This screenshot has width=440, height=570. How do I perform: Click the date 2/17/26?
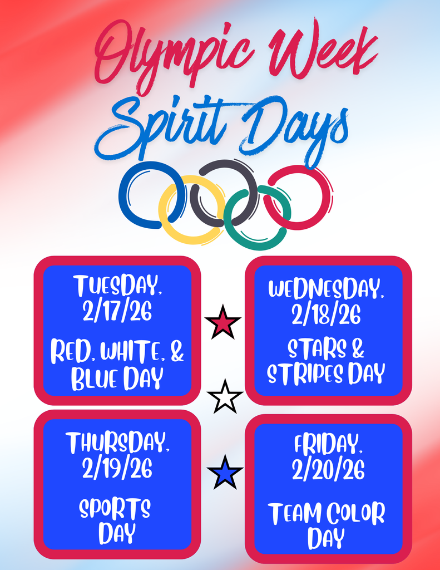tap(117, 312)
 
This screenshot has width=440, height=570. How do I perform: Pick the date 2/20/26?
tap(328, 470)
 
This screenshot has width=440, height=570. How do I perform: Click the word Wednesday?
tap(327, 289)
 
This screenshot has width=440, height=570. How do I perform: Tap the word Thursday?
tap(117, 443)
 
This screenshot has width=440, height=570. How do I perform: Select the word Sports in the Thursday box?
tap(115, 508)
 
